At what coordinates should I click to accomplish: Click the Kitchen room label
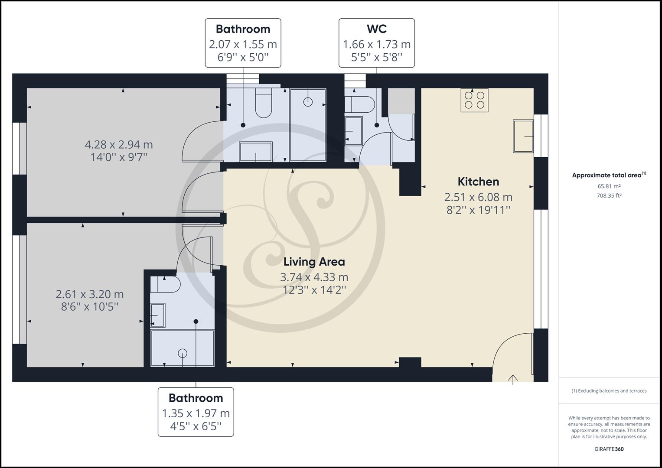click(x=478, y=182)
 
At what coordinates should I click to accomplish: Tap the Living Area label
click(x=314, y=262)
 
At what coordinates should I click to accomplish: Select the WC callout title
click(x=376, y=29)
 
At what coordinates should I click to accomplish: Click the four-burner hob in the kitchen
click(x=474, y=100)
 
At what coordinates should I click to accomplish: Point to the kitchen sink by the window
click(x=523, y=136)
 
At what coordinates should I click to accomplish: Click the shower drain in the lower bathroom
click(x=183, y=353)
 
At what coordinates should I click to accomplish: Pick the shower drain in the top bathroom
click(x=308, y=102)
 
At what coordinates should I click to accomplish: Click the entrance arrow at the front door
click(x=513, y=379)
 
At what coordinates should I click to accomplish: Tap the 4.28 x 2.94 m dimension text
click(x=119, y=144)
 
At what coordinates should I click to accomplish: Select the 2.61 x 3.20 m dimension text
click(x=90, y=294)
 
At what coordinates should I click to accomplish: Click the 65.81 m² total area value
click(x=609, y=186)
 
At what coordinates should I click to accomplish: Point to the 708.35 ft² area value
click(x=609, y=195)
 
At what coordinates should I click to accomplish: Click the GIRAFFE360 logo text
click(x=609, y=449)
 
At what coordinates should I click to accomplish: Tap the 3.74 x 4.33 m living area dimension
click(x=314, y=277)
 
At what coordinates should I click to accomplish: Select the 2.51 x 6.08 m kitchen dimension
click(x=478, y=197)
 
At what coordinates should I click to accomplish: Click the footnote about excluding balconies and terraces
click(x=609, y=391)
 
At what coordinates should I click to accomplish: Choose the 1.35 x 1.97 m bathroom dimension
click(x=196, y=413)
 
